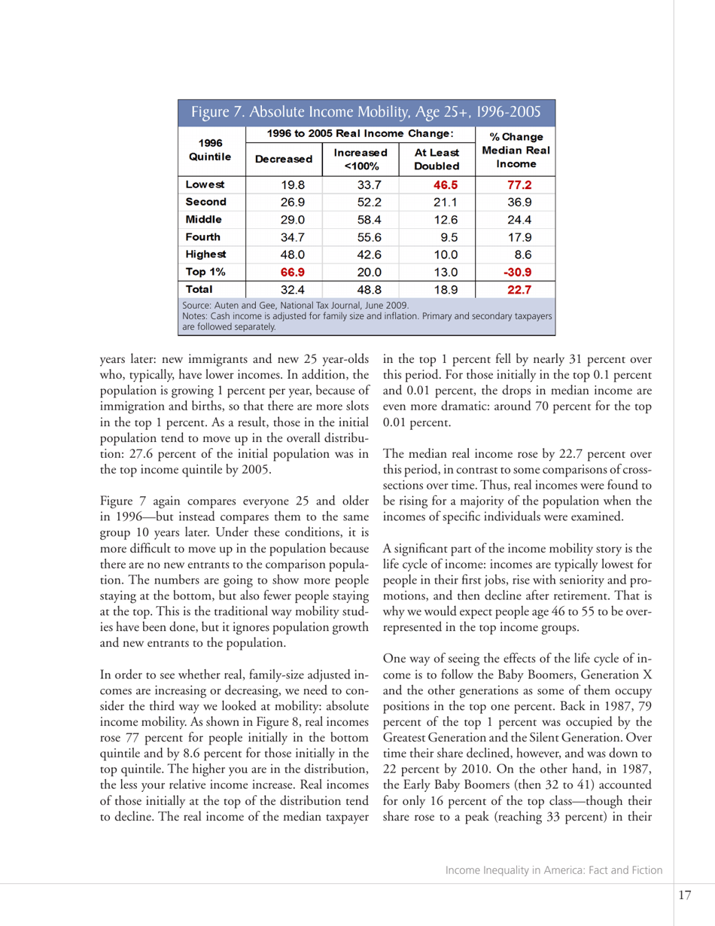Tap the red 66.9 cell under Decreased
[283, 271]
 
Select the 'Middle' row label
[202, 219]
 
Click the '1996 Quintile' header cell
[210, 151]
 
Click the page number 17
[684, 895]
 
